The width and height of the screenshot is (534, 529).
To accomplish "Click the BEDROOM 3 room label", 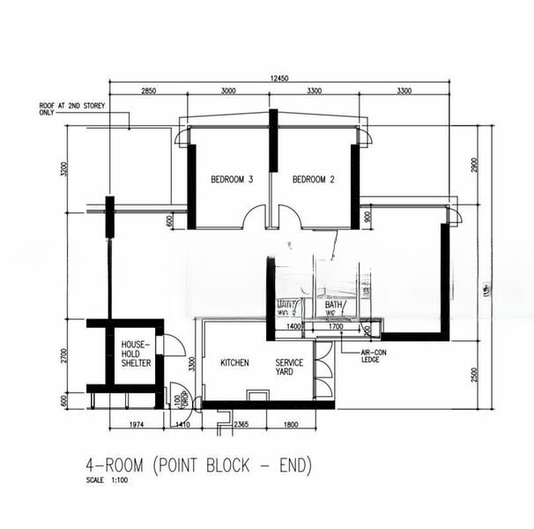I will pos(232,180).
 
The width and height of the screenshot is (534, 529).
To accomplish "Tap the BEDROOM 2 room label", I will pos(314,180).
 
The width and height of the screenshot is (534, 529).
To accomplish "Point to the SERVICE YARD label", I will pos(290,367).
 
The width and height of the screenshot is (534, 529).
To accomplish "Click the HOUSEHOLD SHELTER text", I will pos(137,353).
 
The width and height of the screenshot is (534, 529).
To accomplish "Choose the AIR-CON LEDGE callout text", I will pos(373,356).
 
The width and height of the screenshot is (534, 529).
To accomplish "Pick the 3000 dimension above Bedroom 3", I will pos(228,92).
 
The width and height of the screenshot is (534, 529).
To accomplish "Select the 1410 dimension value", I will pos(183,424).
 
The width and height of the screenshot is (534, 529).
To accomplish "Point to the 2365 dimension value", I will pos(240,424).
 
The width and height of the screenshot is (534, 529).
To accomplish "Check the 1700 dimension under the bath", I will pos(335,327).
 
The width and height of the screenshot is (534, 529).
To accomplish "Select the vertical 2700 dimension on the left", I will pos(64,354).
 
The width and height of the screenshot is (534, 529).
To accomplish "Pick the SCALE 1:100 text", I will pos(103,481).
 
